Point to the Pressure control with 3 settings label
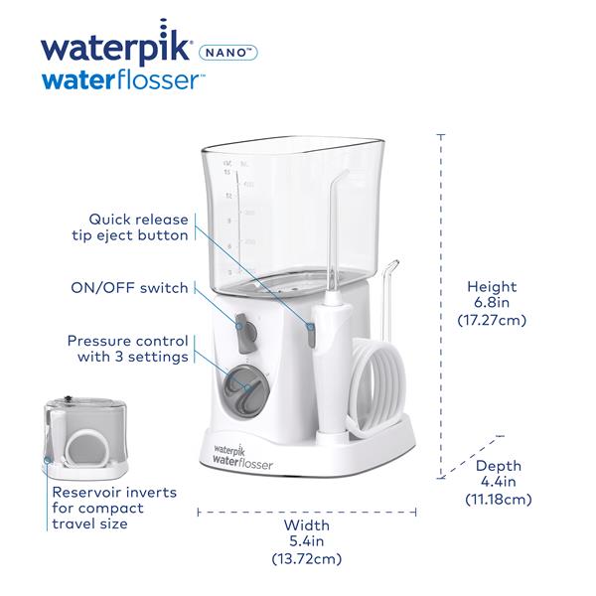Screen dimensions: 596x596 click(128, 348)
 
